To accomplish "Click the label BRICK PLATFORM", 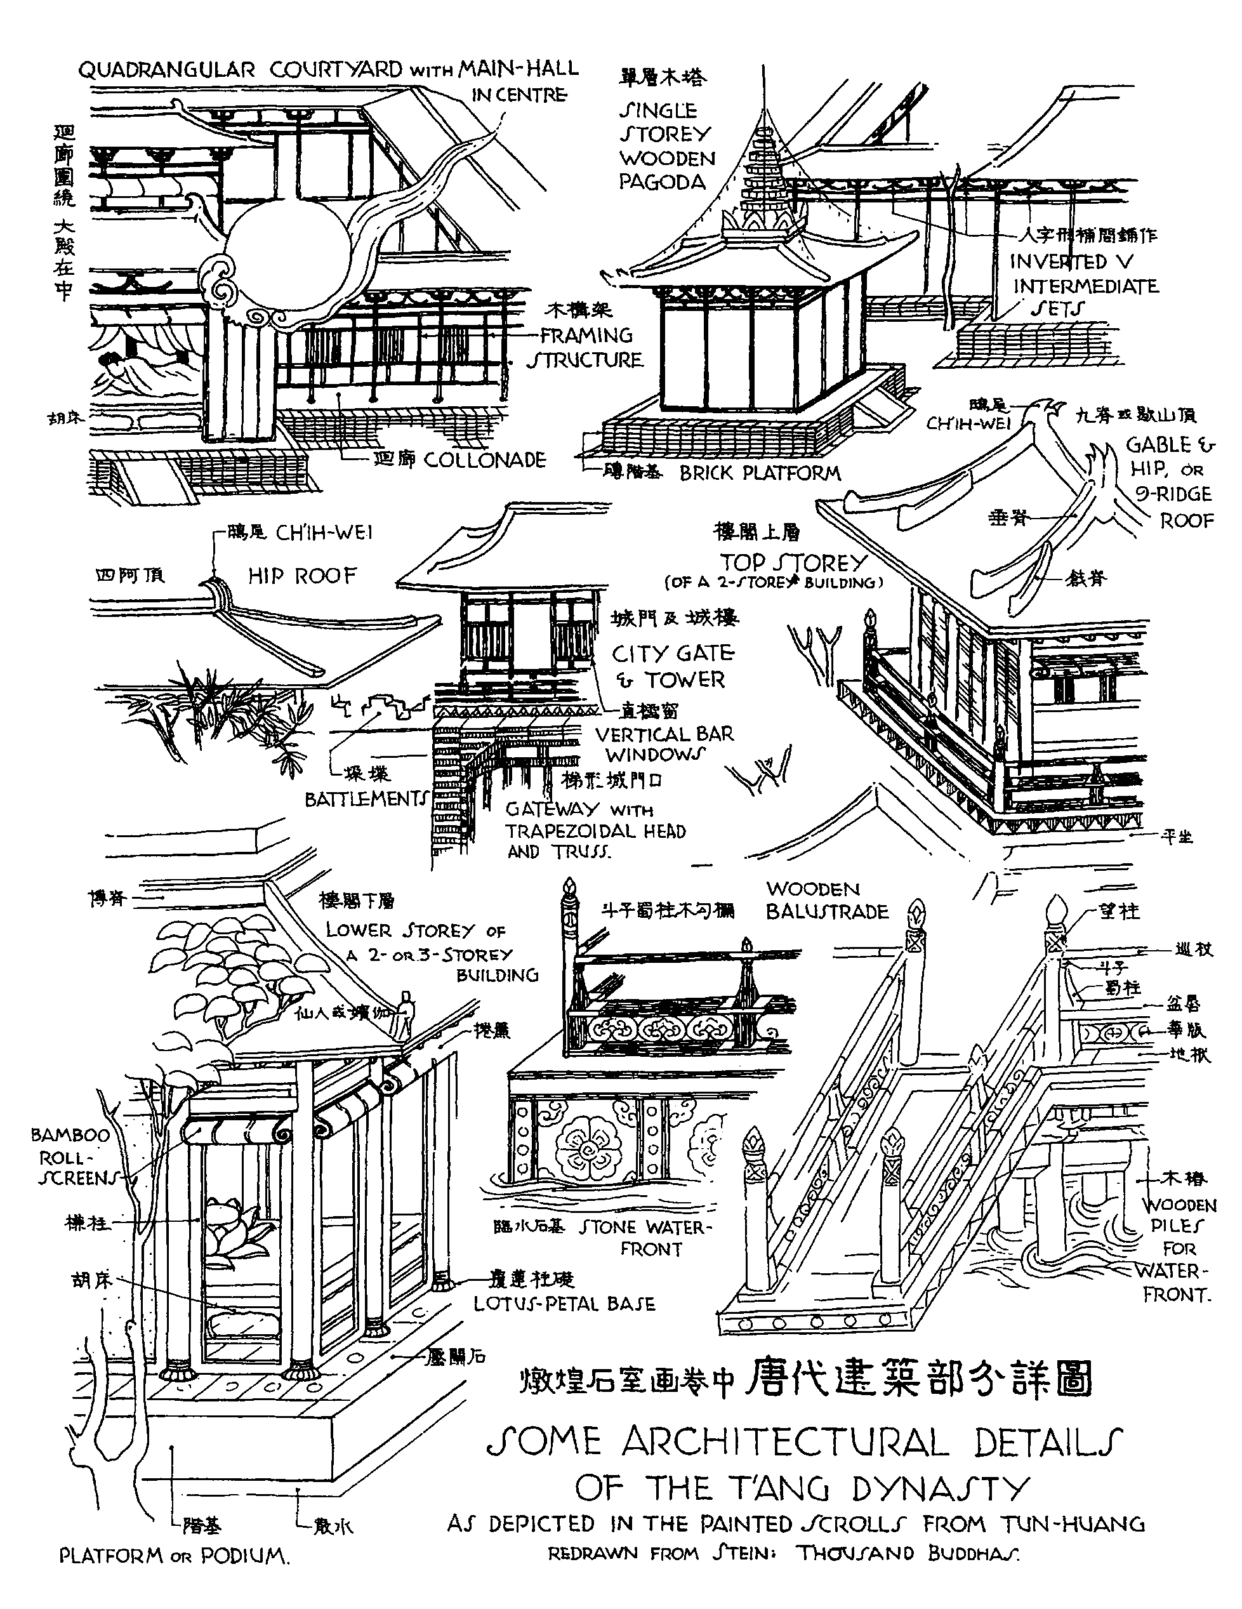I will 760,473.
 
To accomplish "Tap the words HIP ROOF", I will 302,576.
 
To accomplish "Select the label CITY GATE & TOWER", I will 673,666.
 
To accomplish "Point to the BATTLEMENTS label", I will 366,799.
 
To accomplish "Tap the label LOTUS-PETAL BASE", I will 564,1303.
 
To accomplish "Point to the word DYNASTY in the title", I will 939,1489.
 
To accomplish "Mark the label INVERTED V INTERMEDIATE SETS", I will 1083,285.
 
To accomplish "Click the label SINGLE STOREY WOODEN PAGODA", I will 666,146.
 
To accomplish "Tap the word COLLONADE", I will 484,460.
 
